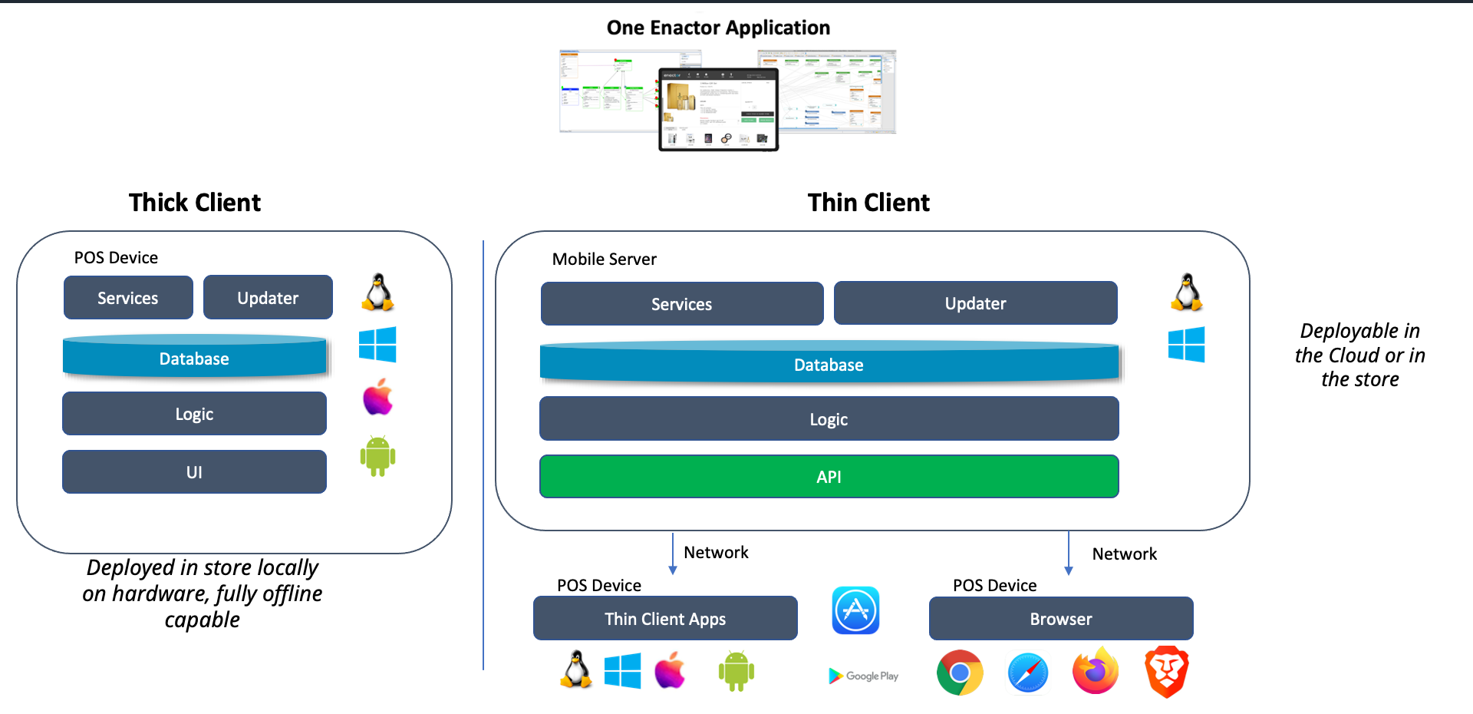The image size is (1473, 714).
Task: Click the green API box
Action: pos(829,477)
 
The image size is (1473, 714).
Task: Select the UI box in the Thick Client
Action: pos(194,472)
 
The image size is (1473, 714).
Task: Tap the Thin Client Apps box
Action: pos(665,619)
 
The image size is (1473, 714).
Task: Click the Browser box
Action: pos(1061,619)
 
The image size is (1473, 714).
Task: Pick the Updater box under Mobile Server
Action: pos(975,303)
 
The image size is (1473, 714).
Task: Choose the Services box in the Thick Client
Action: pos(128,298)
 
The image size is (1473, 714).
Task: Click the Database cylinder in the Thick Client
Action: pos(194,358)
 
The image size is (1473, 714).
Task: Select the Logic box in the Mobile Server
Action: pos(829,419)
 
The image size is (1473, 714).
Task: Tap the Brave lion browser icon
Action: pos(1166,672)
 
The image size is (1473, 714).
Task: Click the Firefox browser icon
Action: pos(1096,672)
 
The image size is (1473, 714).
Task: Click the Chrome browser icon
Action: pos(960,673)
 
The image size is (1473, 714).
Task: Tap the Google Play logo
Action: pos(863,676)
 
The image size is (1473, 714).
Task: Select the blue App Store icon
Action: pos(855,611)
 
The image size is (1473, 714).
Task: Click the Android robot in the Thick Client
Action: pos(377,456)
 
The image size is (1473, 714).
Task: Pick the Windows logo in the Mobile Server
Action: pos(1186,344)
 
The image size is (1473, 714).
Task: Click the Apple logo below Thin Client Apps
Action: pos(670,670)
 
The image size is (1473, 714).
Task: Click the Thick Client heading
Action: pos(195,203)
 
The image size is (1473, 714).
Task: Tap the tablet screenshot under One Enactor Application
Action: pos(718,109)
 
